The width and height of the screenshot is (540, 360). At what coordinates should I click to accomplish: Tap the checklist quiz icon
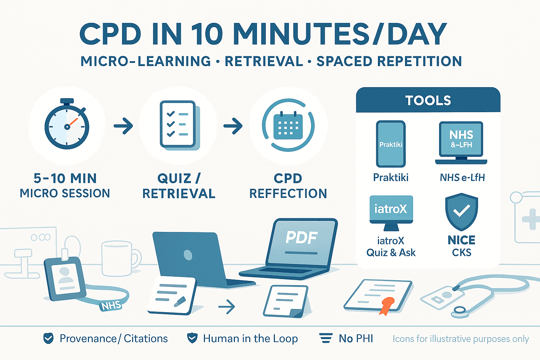click(x=179, y=124)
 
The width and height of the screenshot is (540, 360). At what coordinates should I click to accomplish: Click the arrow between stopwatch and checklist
click(x=123, y=126)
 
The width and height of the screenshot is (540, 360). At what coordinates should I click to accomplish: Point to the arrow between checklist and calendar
click(x=233, y=126)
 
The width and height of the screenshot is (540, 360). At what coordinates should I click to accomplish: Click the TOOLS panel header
click(x=428, y=101)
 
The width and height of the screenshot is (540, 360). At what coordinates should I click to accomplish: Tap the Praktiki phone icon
click(x=391, y=144)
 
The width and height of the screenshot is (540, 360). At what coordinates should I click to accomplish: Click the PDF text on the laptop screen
click(x=302, y=238)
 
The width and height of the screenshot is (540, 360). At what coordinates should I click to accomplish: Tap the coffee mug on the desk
click(x=119, y=258)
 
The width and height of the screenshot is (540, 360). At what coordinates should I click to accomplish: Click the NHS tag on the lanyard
click(x=111, y=306)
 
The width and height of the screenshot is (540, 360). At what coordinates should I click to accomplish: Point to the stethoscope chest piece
click(x=459, y=310)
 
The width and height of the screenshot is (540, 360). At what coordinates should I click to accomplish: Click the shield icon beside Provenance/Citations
click(x=48, y=338)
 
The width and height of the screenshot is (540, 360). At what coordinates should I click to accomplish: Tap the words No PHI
click(x=356, y=339)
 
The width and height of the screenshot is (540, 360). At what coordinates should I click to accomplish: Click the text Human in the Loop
click(x=250, y=339)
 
